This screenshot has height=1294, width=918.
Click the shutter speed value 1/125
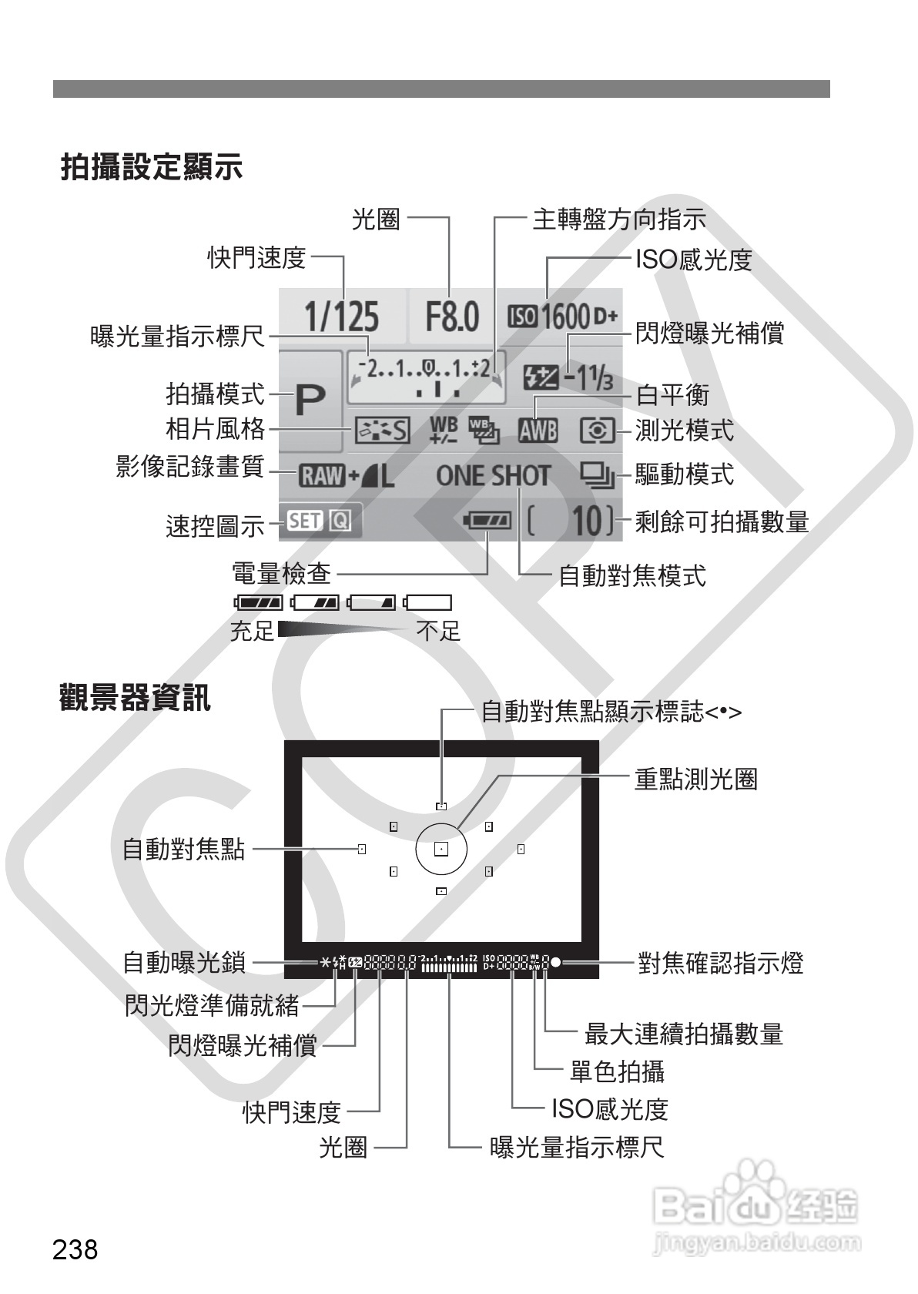[341, 317]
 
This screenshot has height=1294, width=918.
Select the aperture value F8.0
[452, 317]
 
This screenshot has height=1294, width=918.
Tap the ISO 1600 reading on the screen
[562, 317]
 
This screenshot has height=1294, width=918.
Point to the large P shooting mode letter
[310, 401]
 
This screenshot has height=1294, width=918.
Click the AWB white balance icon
[537, 430]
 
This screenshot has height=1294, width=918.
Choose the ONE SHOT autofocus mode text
[493, 476]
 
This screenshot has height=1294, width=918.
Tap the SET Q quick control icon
[319, 521]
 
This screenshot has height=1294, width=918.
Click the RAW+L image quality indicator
[347, 476]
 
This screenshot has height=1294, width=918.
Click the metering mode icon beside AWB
[597, 430]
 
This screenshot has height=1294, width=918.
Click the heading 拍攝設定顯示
[152, 166]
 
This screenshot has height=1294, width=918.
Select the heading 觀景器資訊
[135, 697]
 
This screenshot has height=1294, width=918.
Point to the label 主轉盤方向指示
[618, 220]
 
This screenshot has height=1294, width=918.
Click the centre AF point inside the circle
[441, 850]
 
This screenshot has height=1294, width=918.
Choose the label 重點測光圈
[695, 779]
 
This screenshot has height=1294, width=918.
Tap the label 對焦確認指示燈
[720, 963]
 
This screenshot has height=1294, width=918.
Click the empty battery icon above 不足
[428, 602]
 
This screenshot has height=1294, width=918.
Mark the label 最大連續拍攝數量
[683, 1034]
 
